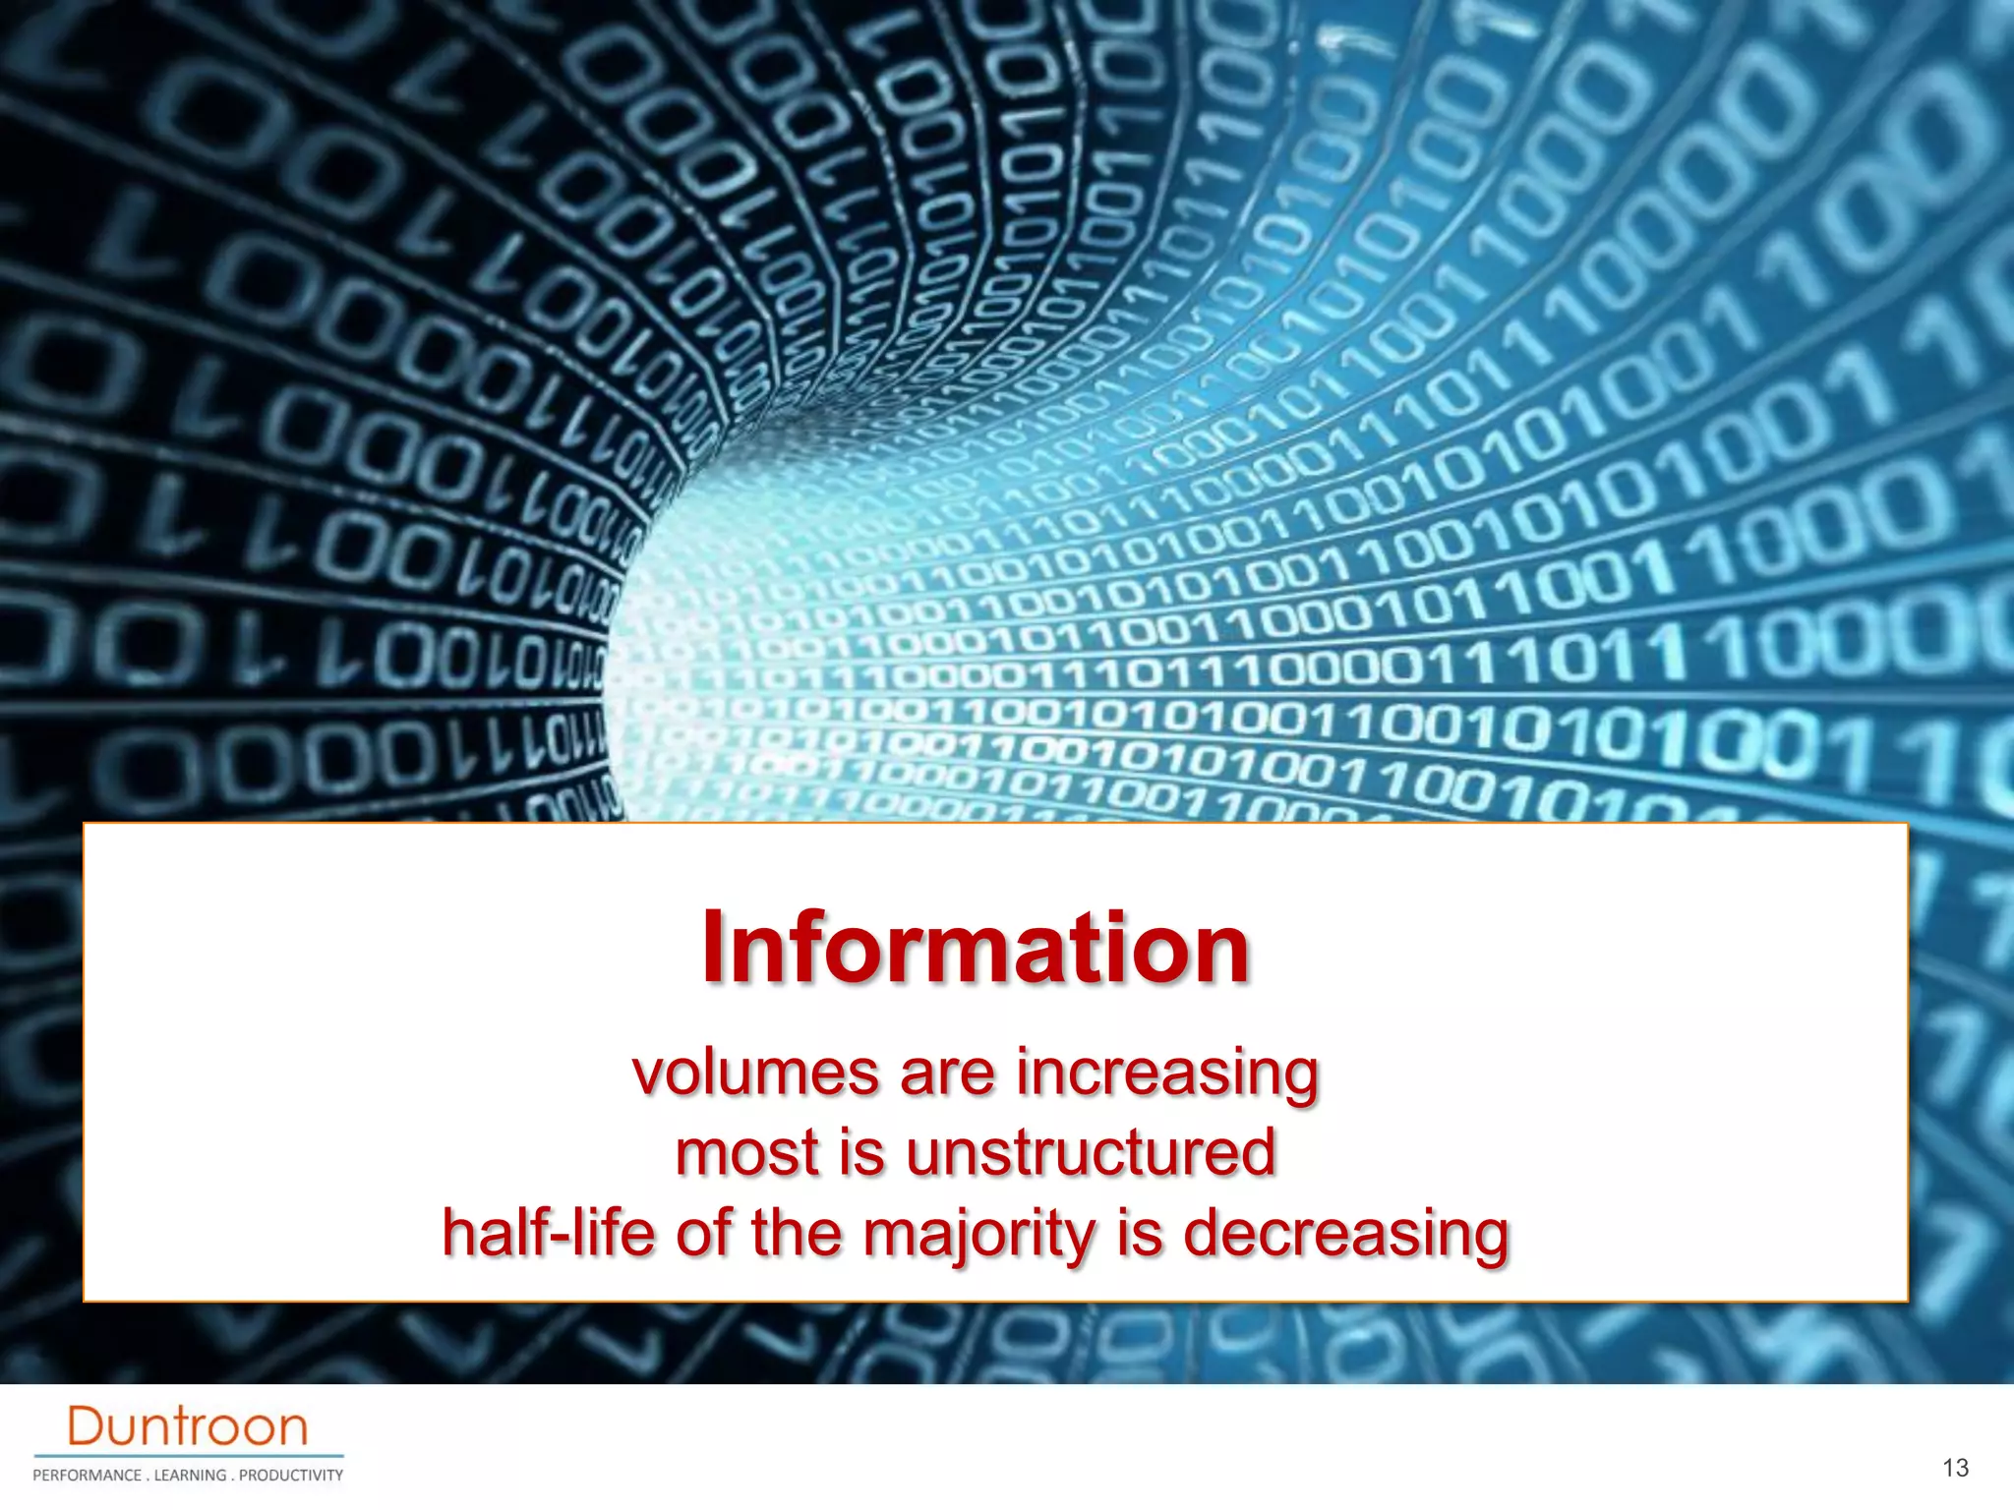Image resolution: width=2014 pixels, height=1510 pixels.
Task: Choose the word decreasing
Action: (x=1345, y=1234)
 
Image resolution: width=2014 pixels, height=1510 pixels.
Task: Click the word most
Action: (x=747, y=1152)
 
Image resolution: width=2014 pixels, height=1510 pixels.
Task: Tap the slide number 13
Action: (x=1955, y=1468)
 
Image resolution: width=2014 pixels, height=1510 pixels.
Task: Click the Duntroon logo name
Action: (x=187, y=1426)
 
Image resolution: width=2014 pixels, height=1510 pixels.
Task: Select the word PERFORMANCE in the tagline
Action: (x=87, y=1476)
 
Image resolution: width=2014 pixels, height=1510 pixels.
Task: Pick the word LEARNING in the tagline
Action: (x=190, y=1476)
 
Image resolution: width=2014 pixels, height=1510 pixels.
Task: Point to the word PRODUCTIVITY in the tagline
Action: (x=291, y=1476)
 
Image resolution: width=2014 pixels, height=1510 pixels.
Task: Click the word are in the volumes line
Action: (x=947, y=1073)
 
